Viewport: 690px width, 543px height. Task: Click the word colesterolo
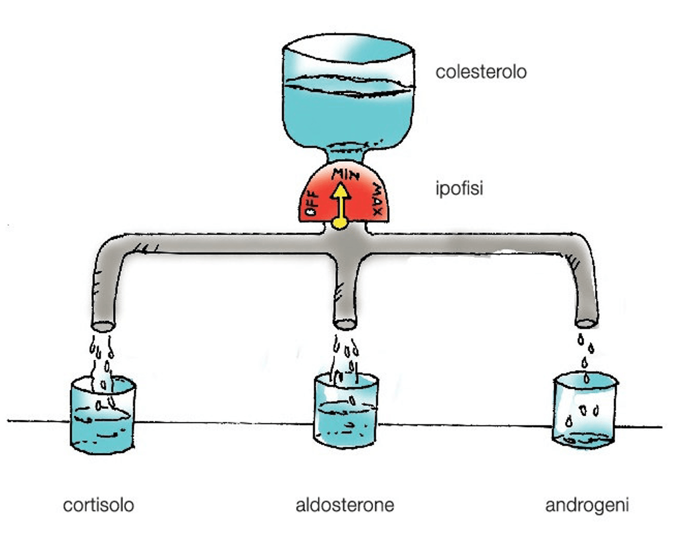pos(481,72)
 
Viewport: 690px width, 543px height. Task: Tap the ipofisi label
pos(459,188)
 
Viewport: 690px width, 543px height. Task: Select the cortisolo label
pos(98,505)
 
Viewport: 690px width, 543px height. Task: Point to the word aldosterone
pos(345,505)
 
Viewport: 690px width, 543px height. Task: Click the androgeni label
pos(587,505)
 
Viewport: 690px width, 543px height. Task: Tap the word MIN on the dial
pos(345,174)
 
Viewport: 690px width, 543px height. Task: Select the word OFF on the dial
pos(311,204)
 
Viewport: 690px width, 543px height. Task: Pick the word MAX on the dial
pos(377,199)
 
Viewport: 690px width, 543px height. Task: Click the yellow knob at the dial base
pos(340,223)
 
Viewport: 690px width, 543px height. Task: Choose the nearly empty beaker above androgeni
pos(584,412)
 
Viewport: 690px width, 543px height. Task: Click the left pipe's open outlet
pos(103,327)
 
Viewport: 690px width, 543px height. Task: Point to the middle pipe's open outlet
pos(345,324)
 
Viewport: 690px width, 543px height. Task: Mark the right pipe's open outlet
pos(586,323)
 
